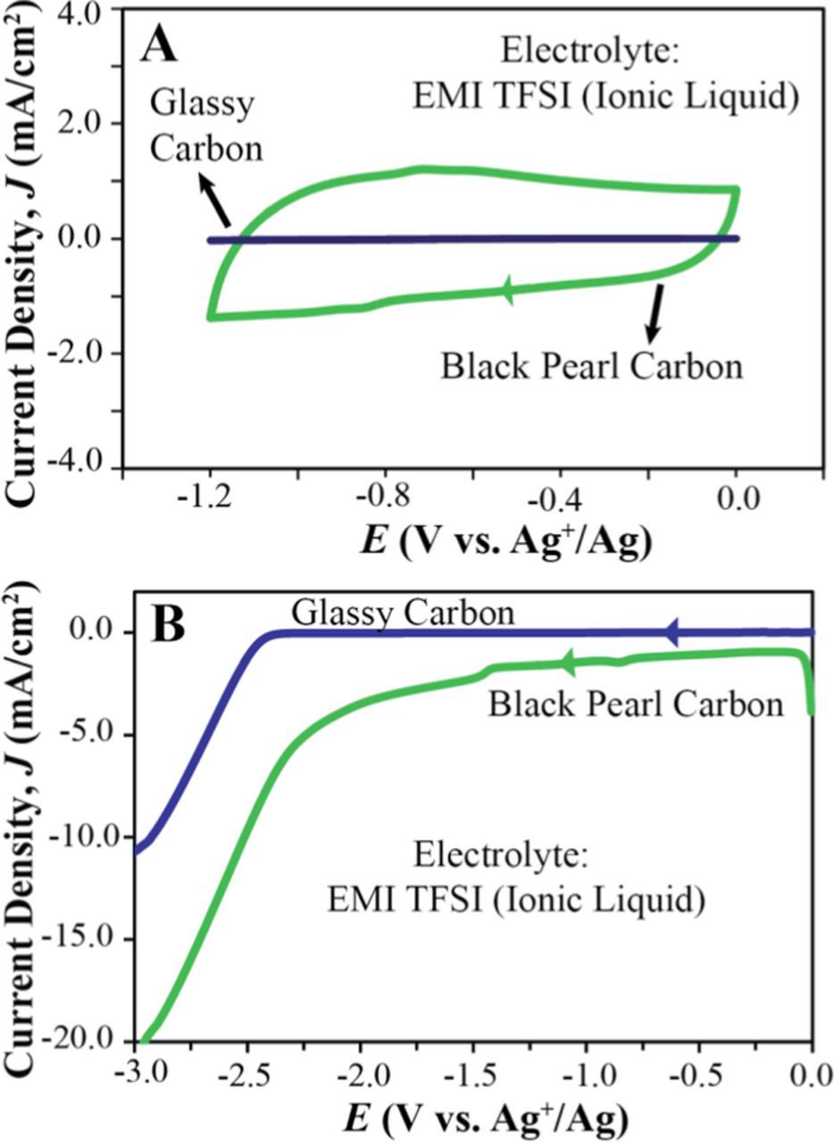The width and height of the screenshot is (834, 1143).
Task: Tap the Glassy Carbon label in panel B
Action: click(x=404, y=613)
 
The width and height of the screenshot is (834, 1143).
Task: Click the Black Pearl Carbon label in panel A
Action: click(x=591, y=366)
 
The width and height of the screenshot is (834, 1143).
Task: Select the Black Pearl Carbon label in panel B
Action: click(x=635, y=704)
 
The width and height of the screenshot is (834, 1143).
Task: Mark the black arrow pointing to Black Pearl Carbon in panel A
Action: click(x=655, y=313)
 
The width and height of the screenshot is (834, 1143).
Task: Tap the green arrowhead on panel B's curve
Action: click(x=567, y=662)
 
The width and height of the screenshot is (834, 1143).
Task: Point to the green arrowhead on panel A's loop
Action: click(x=509, y=290)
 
